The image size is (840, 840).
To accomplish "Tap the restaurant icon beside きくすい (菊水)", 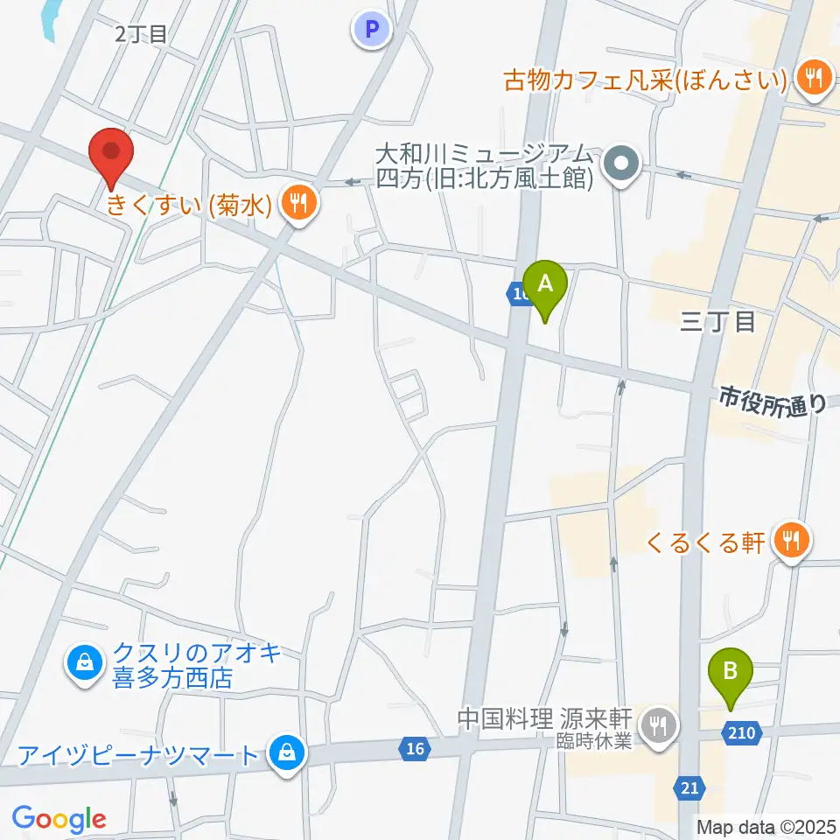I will click(x=298, y=205).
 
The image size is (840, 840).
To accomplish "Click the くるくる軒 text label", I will click(x=705, y=542).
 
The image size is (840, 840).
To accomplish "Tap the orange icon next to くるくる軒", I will click(x=792, y=542).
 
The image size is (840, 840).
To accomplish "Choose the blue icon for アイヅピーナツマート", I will click(x=285, y=751).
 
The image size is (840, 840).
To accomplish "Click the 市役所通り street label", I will click(x=773, y=402).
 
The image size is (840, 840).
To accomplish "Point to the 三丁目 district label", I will click(x=717, y=322).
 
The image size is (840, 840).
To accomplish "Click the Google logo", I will click(x=59, y=818).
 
